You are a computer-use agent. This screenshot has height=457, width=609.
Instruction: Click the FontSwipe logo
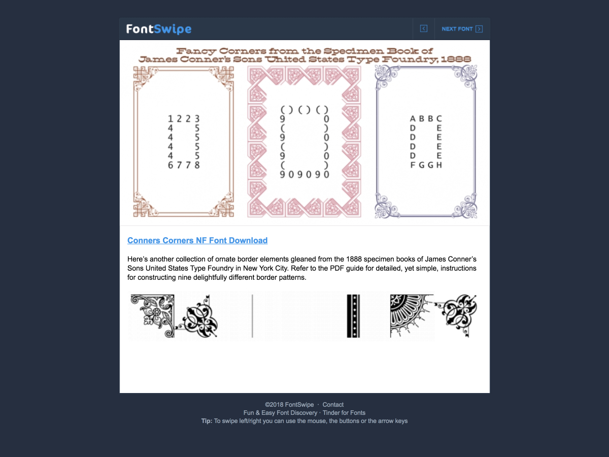point(159,29)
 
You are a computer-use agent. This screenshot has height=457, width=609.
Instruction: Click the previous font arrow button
point(424,28)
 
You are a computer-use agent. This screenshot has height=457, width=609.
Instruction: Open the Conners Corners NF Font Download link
point(197,240)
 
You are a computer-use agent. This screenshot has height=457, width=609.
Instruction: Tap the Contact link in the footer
point(333,405)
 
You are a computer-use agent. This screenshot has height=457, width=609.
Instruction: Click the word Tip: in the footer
point(207,421)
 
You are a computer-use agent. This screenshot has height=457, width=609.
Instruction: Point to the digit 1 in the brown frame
point(171,119)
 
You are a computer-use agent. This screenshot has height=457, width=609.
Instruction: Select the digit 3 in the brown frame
point(197,119)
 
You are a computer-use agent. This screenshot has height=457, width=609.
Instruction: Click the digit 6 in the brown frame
point(171,165)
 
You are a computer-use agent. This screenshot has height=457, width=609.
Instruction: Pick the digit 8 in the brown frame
point(197,165)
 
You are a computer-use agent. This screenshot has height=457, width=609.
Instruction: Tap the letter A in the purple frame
point(413,119)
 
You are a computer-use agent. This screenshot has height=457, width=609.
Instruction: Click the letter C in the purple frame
point(439,119)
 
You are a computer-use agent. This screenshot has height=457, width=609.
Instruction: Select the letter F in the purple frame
point(413,165)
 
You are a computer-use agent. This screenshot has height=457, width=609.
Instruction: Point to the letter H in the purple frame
point(439,165)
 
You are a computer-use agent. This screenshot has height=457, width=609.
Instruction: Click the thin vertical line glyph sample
point(252,316)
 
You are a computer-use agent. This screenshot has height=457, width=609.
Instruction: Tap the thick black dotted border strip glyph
point(353,316)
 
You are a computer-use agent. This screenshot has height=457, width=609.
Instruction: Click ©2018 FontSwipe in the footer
point(289,405)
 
